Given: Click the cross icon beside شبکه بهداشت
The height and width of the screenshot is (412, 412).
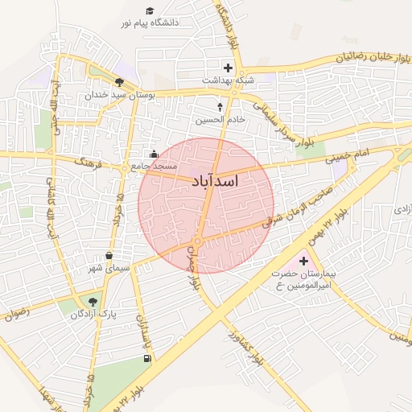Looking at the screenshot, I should (x=229, y=68).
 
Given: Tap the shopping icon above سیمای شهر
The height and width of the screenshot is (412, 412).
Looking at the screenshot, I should (x=109, y=255).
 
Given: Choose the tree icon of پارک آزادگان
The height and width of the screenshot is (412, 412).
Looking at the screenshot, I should (x=93, y=302).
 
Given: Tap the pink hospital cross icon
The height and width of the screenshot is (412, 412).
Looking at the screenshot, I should (x=303, y=261).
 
